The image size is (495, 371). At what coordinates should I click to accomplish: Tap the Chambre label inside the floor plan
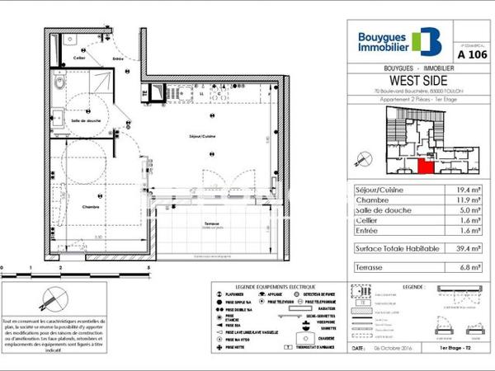91,207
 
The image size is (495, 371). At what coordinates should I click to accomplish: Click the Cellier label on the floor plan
79,59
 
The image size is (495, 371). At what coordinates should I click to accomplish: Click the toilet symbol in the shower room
59,83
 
